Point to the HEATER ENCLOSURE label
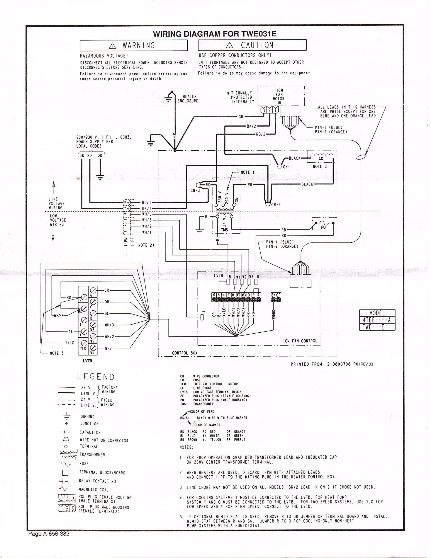pos(188,99)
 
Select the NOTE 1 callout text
pos(247,172)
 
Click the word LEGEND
pos(96,377)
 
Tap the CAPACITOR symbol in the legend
pos(65,432)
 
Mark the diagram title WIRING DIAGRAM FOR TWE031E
pos(215,34)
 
